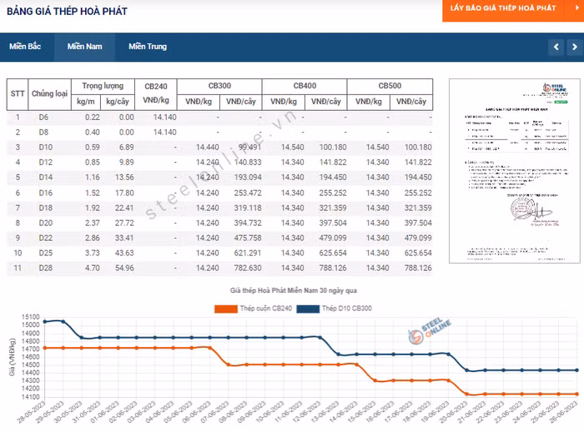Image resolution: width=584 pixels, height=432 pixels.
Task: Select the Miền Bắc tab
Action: (x=25, y=47)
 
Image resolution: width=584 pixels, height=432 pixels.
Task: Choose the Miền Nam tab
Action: (x=85, y=47)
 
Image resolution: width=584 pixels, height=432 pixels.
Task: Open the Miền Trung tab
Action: (x=148, y=47)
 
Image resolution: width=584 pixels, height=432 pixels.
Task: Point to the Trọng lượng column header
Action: (x=102, y=86)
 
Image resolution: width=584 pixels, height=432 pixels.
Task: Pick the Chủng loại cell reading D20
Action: (x=44, y=223)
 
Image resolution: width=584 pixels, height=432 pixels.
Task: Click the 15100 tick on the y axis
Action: (x=32, y=318)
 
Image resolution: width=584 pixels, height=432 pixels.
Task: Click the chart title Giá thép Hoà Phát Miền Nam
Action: (x=293, y=291)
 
